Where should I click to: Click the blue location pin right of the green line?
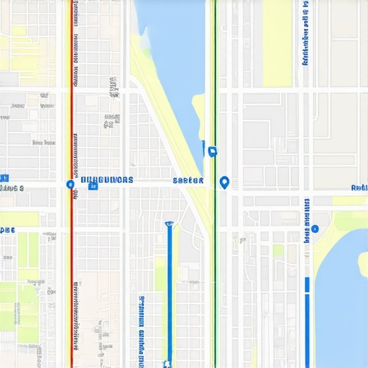(x=224, y=183)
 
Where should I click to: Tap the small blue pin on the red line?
(x=70, y=185)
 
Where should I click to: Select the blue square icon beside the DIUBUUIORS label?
(x=93, y=186)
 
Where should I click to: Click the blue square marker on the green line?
(x=212, y=151)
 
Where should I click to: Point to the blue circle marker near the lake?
(x=315, y=229)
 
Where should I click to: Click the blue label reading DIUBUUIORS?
(x=107, y=180)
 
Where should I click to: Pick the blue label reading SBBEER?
(x=188, y=181)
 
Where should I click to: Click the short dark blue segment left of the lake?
(x=308, y=284)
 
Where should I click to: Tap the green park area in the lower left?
(x=18, y=302)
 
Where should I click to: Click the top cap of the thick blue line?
(x=169, y=224)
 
